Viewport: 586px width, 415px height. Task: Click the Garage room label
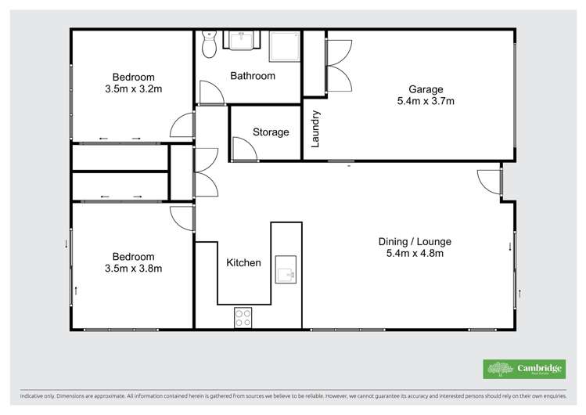[x=425, y=89]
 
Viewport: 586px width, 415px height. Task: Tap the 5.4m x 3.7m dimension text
[x=426, y=101]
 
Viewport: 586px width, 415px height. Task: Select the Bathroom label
[x=252, y=76]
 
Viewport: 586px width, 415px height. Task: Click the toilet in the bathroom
[x=208, y=45]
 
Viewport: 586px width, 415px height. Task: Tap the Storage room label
[x=271, y=132]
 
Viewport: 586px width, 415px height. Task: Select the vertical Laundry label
[x=316, y=129]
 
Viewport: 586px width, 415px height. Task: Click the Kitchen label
[x=243, y=262]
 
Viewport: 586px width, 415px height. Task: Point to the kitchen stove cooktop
[x=243, y=317]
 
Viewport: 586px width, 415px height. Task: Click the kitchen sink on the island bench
[x=285, y=269]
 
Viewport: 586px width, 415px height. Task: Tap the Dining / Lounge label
[x=415, y=242]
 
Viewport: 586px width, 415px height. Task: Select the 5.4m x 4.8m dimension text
[x=415, y=254]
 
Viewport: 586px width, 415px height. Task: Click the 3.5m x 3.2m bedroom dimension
[x=133, y=89]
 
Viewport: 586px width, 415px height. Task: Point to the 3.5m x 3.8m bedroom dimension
[x=133, y=269]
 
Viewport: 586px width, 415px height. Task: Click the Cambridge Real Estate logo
[x=523, y=368]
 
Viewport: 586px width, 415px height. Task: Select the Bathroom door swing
[x=210, y=93]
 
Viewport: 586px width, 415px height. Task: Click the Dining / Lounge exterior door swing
[x=491, y=181]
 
